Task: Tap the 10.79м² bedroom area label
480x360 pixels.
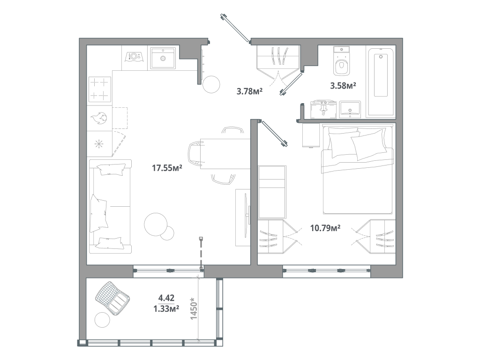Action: [325, 228]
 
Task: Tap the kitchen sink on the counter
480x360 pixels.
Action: [163, 58]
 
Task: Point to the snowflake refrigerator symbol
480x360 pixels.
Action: [99, 143]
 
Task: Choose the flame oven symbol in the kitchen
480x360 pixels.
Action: [99, 118]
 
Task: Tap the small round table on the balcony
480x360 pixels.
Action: [102, 321]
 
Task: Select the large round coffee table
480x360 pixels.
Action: [156, 224]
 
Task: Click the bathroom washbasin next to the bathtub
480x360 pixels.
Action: [349, 109]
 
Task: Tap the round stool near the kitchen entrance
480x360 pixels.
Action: [211, 84]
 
